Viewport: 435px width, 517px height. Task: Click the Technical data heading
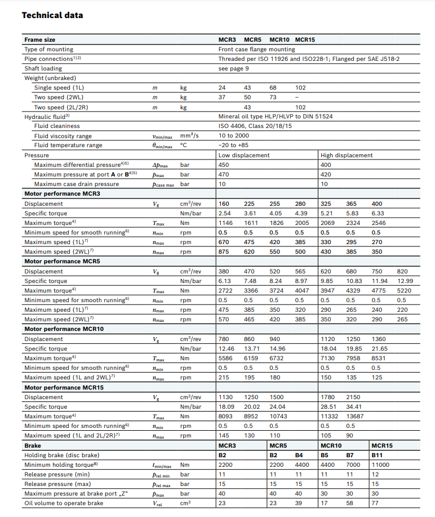[x=52, y=15]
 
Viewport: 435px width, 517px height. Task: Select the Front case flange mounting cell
[x=256, y=50]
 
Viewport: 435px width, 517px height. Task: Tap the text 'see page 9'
[x=233, y=69]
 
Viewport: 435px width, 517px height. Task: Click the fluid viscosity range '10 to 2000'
[x=233, y=136]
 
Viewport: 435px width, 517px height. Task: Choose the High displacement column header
[x=347, y=155]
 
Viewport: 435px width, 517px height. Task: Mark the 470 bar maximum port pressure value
[x=224, y=174]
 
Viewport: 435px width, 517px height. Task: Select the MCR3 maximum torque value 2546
[x=379, y=223]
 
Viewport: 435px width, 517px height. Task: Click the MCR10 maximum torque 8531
[x=380, y=358]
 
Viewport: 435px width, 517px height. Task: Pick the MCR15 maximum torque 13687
[x=355, y=416]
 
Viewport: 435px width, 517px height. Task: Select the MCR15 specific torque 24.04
[x=278, y=406]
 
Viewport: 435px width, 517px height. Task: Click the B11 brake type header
[x=377, y=455]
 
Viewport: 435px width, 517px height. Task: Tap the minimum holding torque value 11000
[x=380, y=465]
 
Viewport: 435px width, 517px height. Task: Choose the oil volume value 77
[x=375, y=503]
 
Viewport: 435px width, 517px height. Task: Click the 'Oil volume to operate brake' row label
[x=64, y=503]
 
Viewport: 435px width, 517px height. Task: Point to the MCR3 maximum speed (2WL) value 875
[x=224, y=252]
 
